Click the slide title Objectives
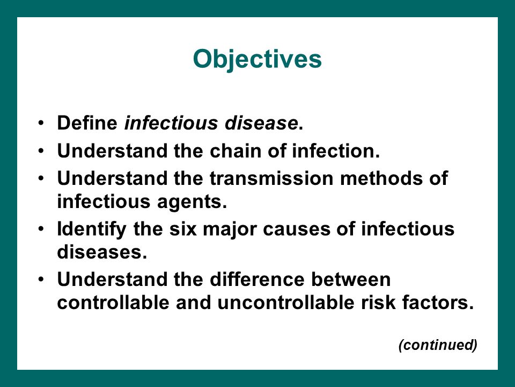click(257, 59)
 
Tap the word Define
click(87, 123)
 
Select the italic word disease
click(261, 123)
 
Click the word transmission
click(271, 178)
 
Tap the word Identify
click(92, 230)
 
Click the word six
click(183, 229)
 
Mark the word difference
click(257, 279)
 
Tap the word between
click(351, 279)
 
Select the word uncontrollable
click(286, 303)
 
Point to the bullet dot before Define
click(41, 123)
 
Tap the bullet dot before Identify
click(41, 229)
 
